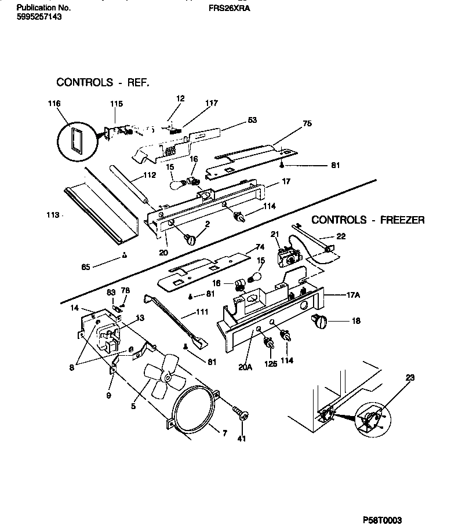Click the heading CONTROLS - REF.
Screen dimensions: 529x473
(103, 82)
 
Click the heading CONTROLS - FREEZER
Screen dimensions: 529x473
(368, 220)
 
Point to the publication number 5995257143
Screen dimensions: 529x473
(39, 17)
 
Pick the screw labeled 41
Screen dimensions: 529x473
(241, 414)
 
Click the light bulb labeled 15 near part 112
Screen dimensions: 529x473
(179, 184)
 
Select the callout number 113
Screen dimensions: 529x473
(53, 215)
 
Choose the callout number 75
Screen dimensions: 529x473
(307, 123)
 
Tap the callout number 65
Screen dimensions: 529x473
(86, 267)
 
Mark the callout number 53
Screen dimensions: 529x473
(252, 120)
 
